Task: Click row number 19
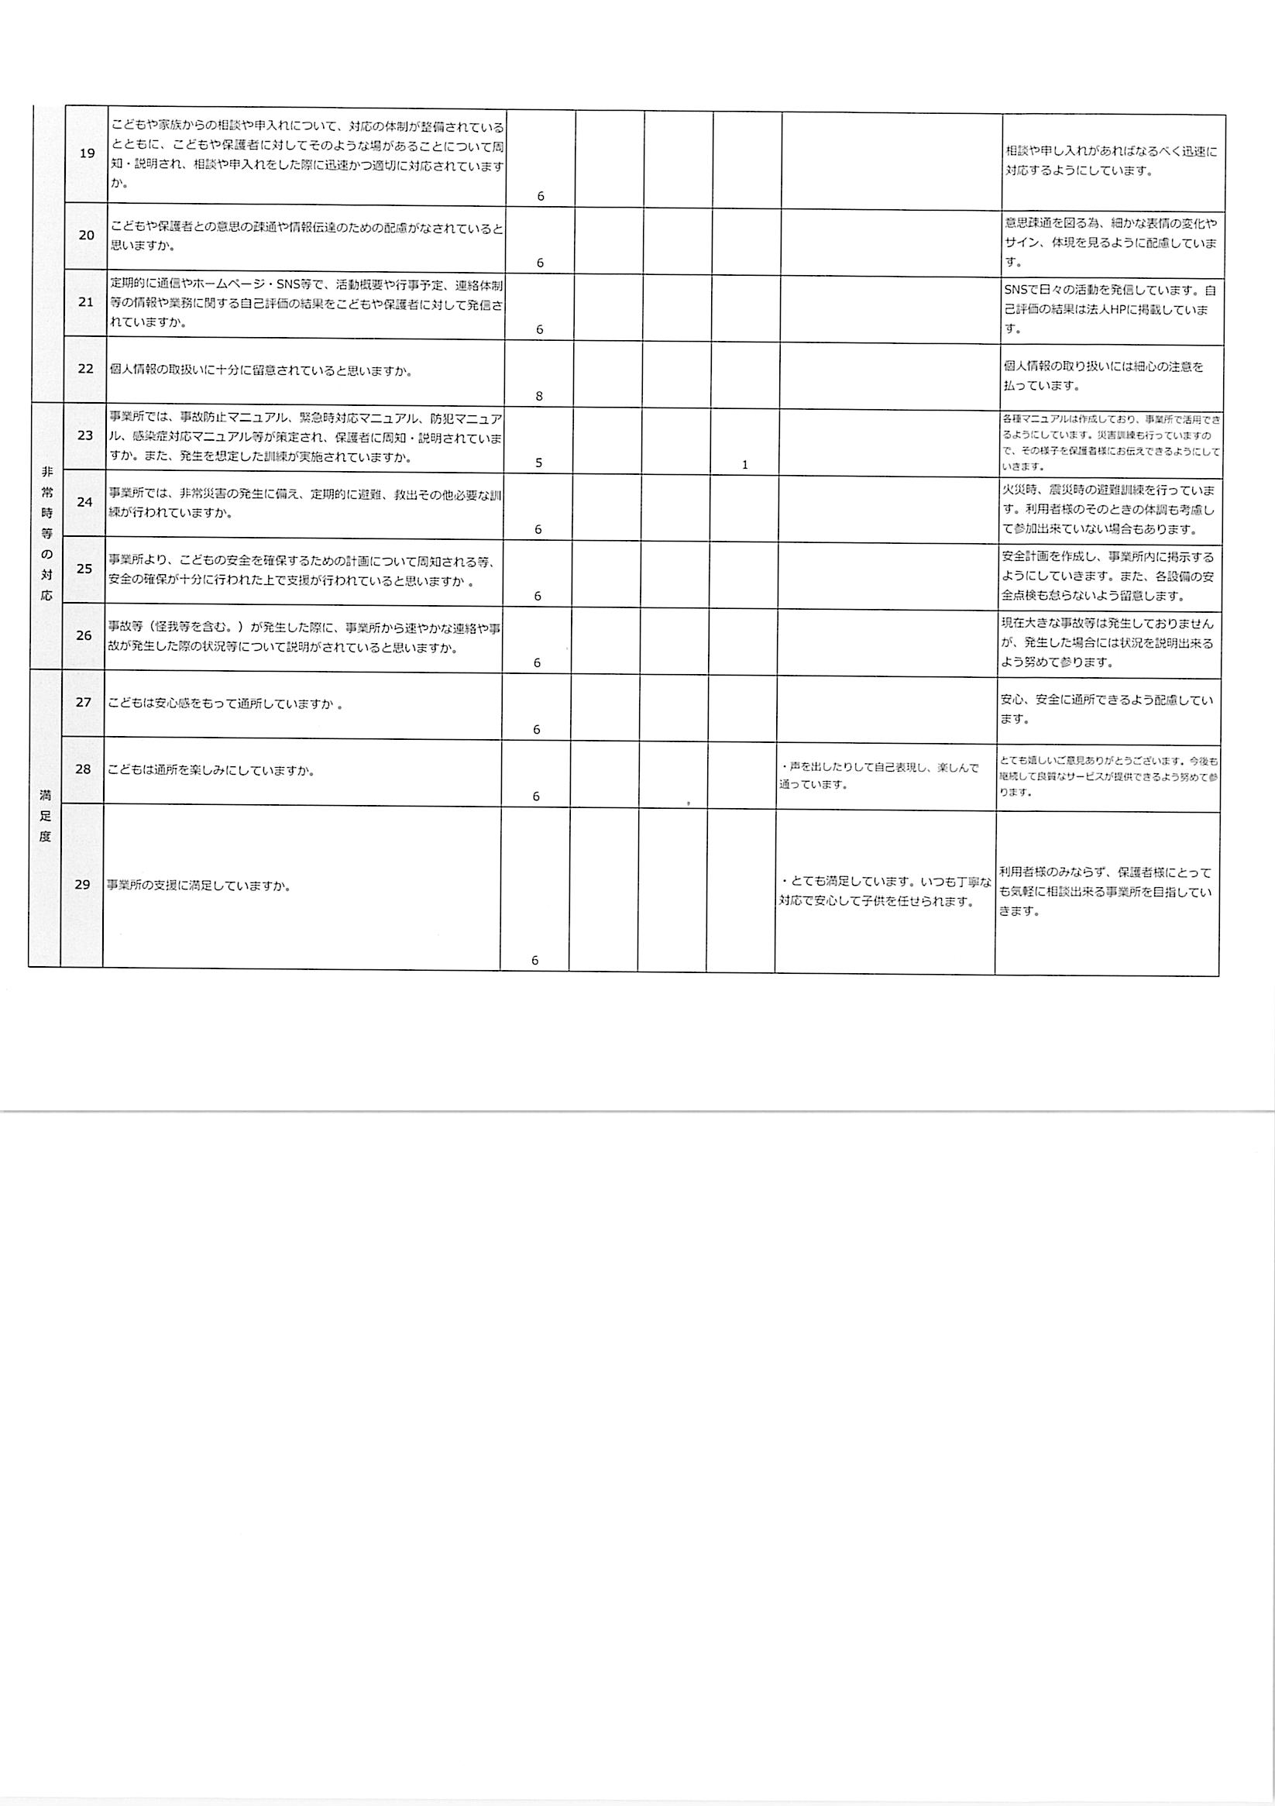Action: pyautogui.click(x=88, y=153)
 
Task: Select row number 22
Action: pyautogui.click(x=87, y=369)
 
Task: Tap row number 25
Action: pyautogui.click(x=84, y=569)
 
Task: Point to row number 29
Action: pyautogui.click(x=83, y=885)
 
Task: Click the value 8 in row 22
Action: pyautogui.click(x=539, y=397)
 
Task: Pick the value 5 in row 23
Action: pyautogui.click(x=539, y=463)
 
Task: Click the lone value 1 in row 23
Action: pyautogui.click(x=745, y=465)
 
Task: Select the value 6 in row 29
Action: pyautogui.click(x=534, y=961)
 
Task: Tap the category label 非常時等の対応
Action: pyautogui.click(x=46, y=534)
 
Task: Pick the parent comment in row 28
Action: pyautogui.click(x=879, y=776)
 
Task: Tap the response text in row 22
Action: pyautogui.click(x=1105, y=376)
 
